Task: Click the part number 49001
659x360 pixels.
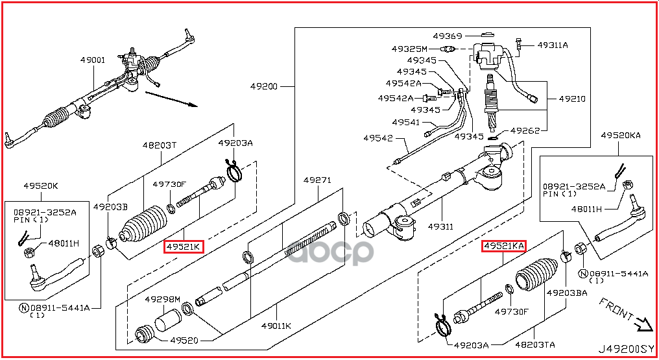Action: click(x=93, y=60)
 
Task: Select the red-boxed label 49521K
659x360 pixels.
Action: click(x=184, y=246)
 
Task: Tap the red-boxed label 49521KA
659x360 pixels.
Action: click(x=503, y=246)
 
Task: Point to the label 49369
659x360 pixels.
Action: click(x=448, y=36)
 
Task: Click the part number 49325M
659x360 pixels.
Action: click(x=409, y=49)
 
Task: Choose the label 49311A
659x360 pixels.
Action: click(x=552, y=45)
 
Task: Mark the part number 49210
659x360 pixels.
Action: click(x=571, y=99)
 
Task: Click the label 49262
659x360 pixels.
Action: click(x=525, y=130)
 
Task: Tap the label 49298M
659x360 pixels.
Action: click(x=162, y=299)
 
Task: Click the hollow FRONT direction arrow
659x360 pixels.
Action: click(x=643, y=323)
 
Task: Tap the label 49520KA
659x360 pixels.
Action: click(x=621, y=135)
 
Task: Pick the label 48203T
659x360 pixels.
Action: click(x=160, y=145)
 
